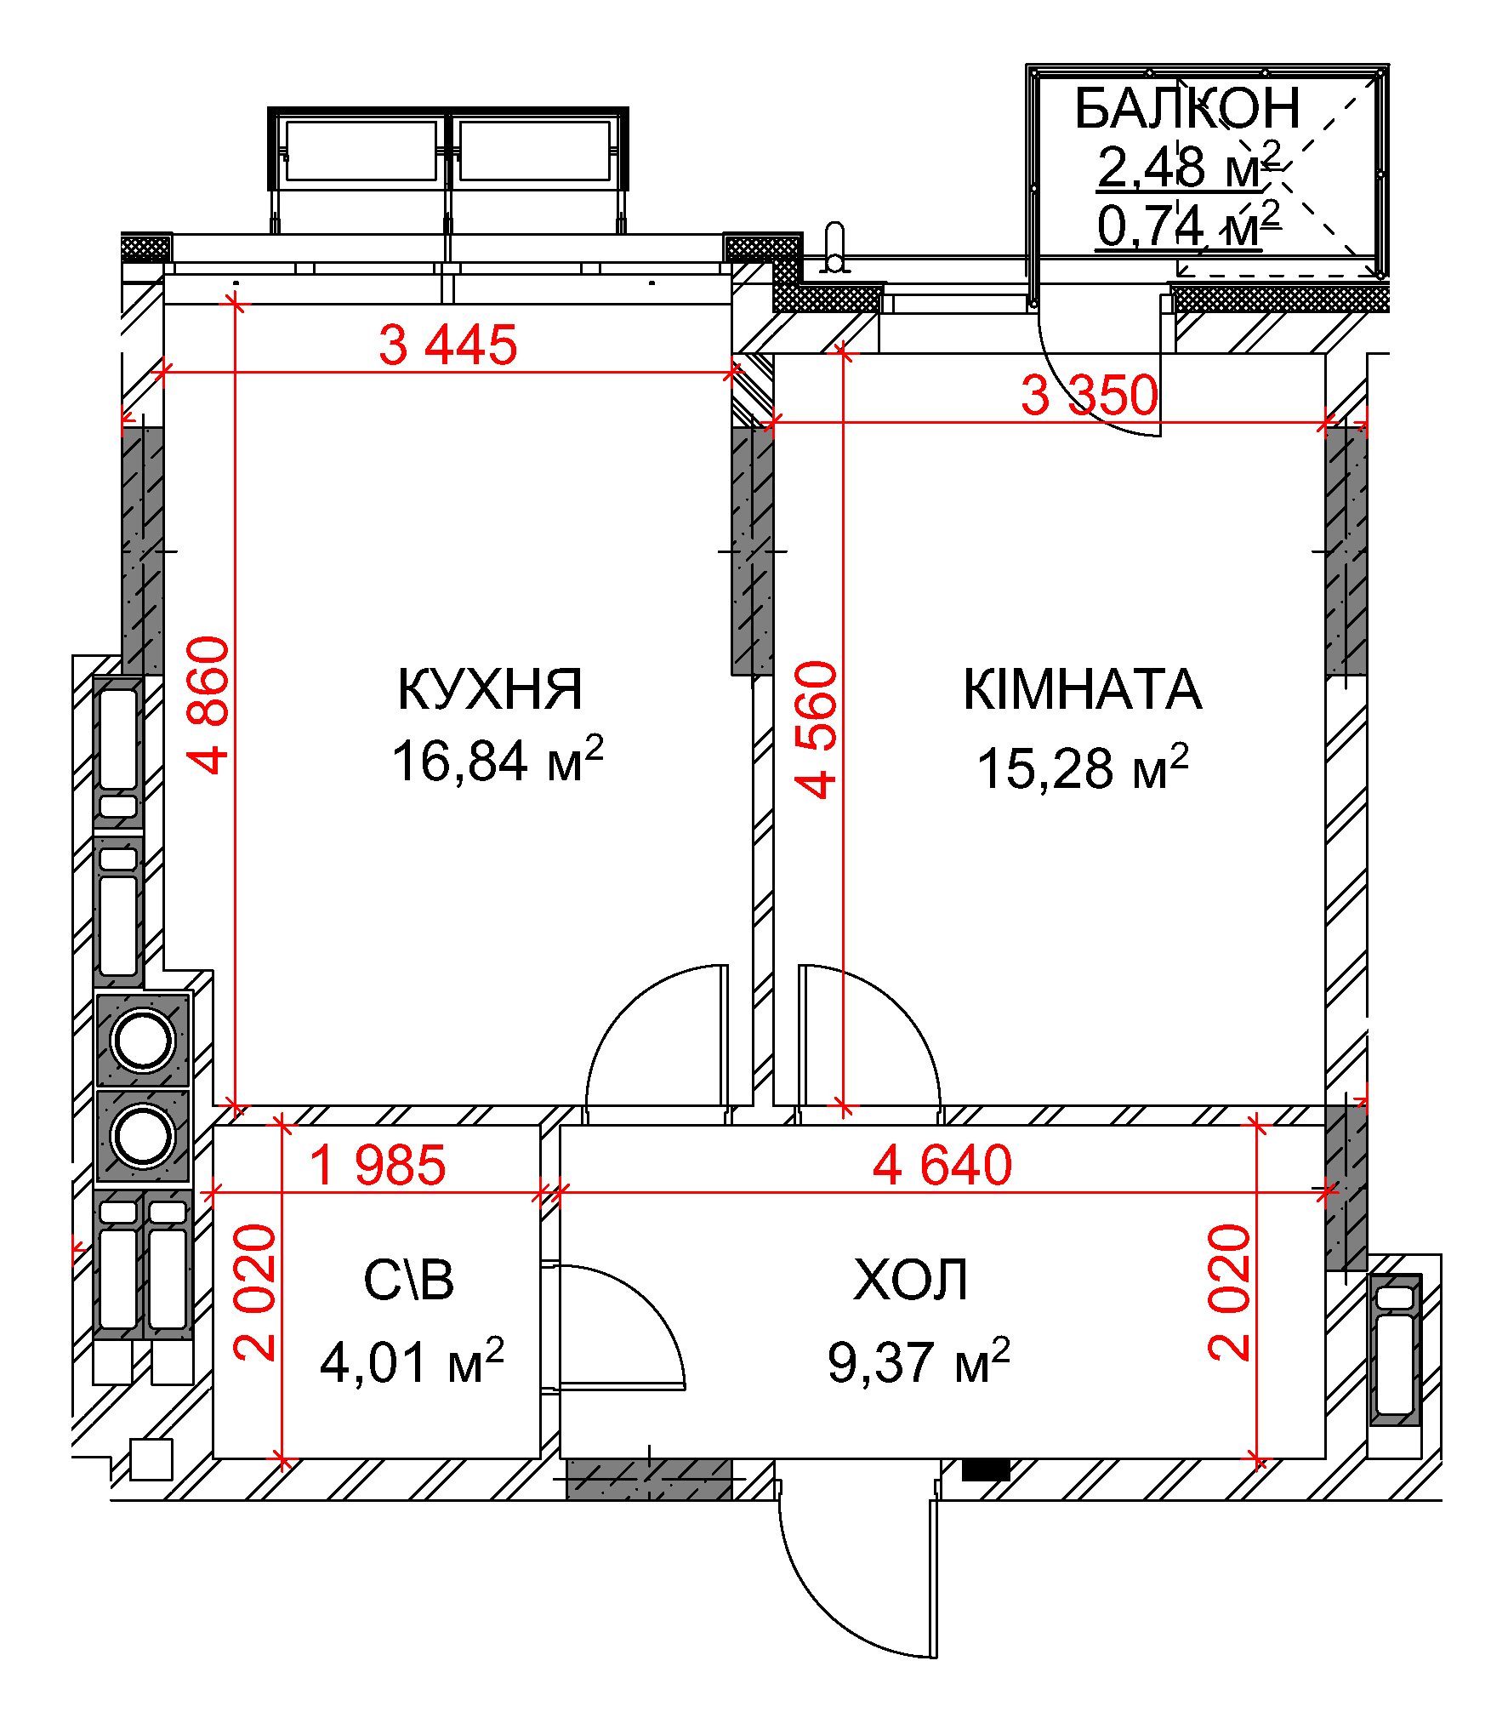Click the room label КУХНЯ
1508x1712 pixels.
coord(490,689)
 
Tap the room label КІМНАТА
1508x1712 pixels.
coord(1082,689)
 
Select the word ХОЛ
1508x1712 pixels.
coord(911,1280)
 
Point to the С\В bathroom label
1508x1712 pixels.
coord(409,1280)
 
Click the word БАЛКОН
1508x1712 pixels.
coord(1187,108)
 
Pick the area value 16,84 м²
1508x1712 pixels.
coord(498,759)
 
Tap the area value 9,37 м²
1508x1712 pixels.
coord(919,1361)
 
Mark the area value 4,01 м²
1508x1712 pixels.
coord(412,1361)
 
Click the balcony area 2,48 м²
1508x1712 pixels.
coord(1188,165)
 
